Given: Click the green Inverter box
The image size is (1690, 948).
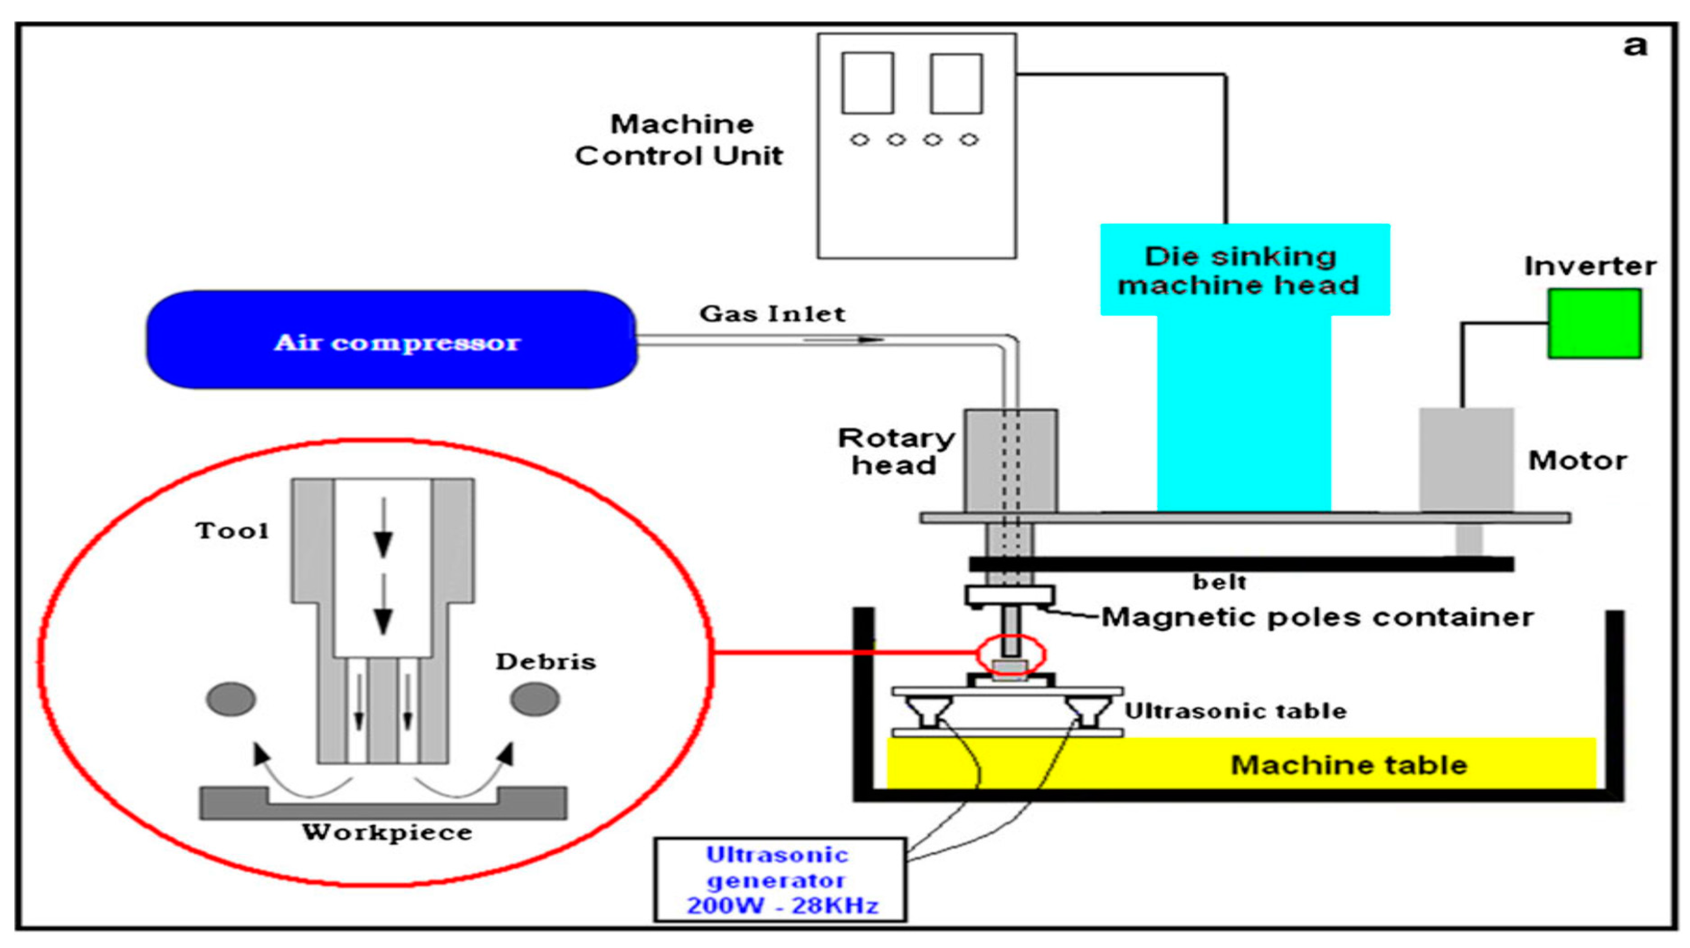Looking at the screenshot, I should tap(1594, 324).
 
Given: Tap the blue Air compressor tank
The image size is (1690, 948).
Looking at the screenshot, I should tap(392, 340).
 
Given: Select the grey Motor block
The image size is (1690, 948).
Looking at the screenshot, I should tap(1466, 459).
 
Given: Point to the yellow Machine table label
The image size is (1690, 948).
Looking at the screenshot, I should tap(1348, 765).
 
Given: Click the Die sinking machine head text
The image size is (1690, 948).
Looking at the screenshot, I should tap(1240, 270).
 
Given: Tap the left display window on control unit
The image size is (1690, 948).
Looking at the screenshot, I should tap(867, 83).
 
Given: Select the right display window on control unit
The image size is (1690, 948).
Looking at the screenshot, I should tap(956, 83).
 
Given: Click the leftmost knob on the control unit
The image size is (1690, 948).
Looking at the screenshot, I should tap(859, 140).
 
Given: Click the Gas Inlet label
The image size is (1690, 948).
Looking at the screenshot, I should tap(772, 314).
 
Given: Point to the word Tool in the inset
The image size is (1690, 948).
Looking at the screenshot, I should tap(232, 530).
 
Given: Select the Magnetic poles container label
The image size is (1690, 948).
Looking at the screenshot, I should tap(1317, 617).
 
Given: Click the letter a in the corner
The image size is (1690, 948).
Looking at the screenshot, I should tap(1635, 45).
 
